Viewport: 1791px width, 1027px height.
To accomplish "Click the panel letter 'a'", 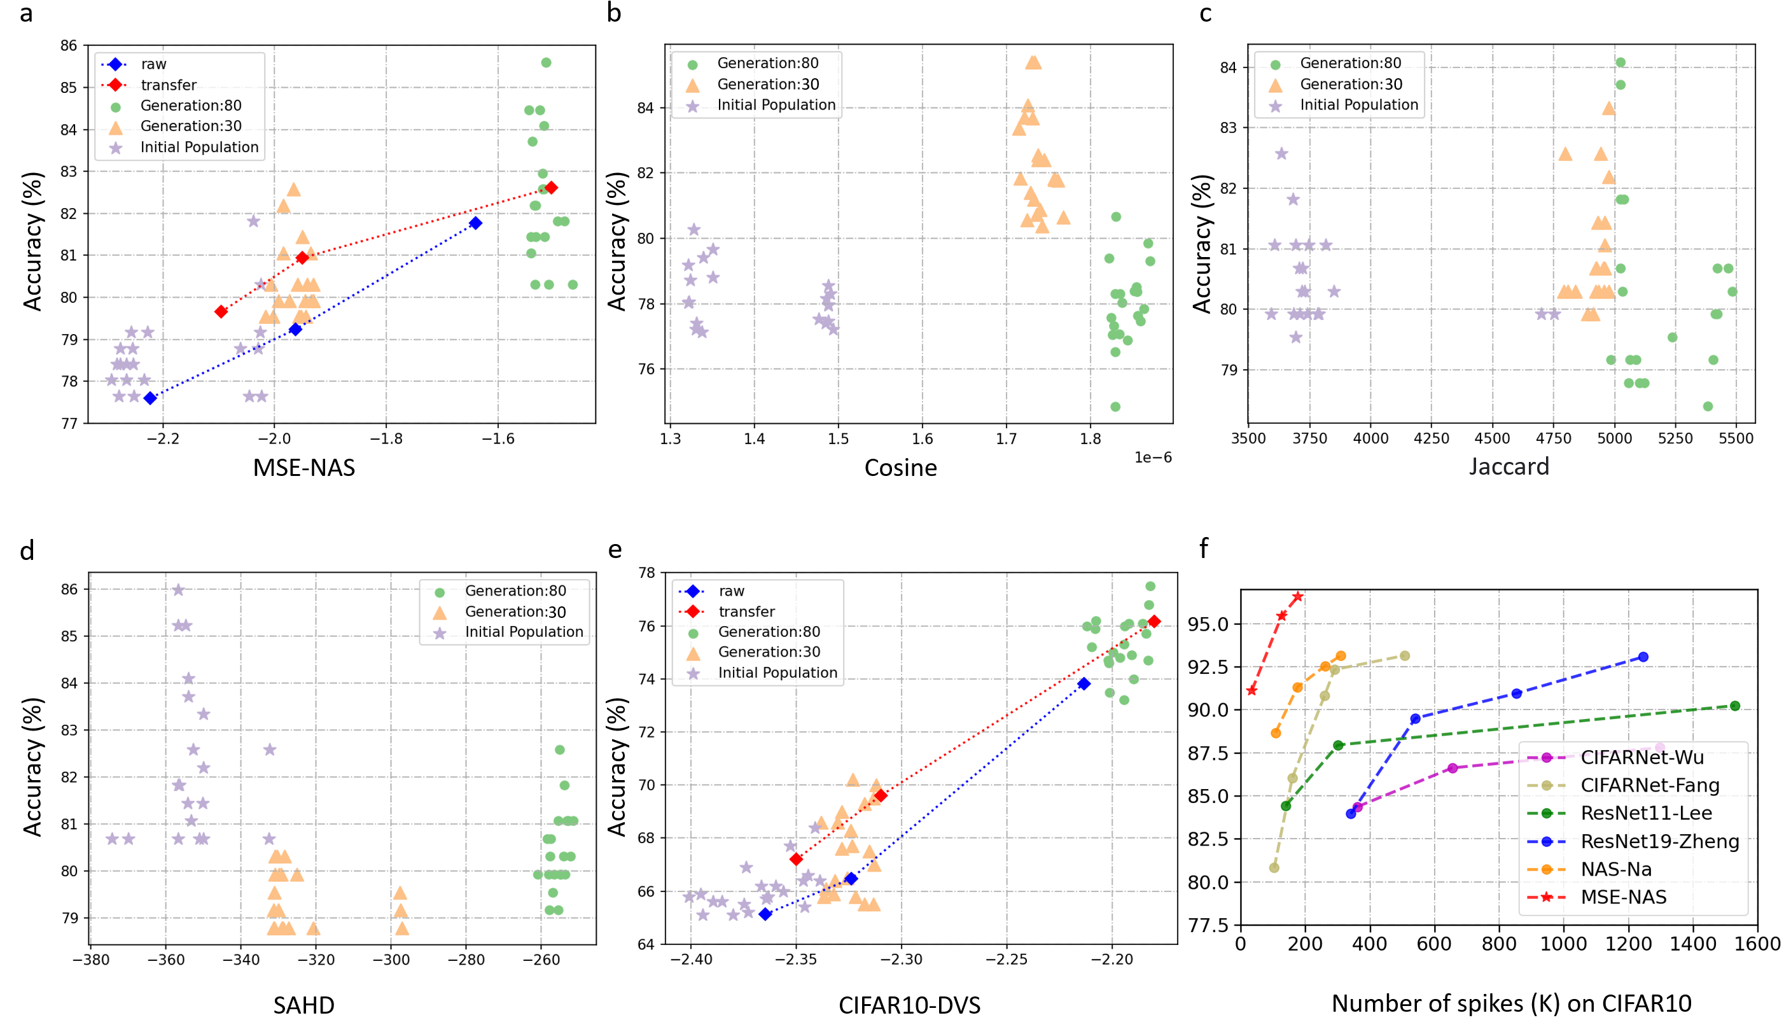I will (x=26, y=13).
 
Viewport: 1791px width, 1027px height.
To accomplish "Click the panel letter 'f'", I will (x=1204, y=548).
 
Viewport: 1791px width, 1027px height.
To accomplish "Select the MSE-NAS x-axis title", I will (x=304, y=468).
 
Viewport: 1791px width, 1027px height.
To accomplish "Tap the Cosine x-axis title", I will (x=900, y=468).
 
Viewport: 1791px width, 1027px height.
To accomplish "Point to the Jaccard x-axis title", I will (x=1509, y=466).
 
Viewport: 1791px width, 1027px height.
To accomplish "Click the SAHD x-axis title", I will (x=304, y=1005).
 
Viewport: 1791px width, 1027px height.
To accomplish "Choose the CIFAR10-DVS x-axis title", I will (x=909, y=1005).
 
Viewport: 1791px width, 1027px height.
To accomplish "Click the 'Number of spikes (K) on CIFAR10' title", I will (x=1511, y=1003).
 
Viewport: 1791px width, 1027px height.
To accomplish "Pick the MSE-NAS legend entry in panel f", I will (x=1623, y=897).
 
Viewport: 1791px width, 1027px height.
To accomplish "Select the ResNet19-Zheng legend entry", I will (x=1659, y=841).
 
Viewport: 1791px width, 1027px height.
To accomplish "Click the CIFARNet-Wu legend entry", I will (x=1641, y=758).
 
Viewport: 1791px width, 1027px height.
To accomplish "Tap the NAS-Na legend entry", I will (x=1616, y=869).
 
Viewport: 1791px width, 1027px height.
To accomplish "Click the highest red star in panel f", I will (x=1297, y=596).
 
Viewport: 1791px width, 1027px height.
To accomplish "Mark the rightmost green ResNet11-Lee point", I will (x=1734, y=706).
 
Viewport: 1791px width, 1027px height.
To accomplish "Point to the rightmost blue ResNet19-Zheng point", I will (x=1643, y=657).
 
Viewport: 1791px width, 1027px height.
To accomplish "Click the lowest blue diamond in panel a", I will (x=150, y=398).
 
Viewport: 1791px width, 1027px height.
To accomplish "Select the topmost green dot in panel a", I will (x=546, y=63).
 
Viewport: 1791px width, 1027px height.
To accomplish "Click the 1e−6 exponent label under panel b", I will (x=1153, y=458).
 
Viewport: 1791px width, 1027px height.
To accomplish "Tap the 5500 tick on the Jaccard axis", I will (x=1735, y=438).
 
